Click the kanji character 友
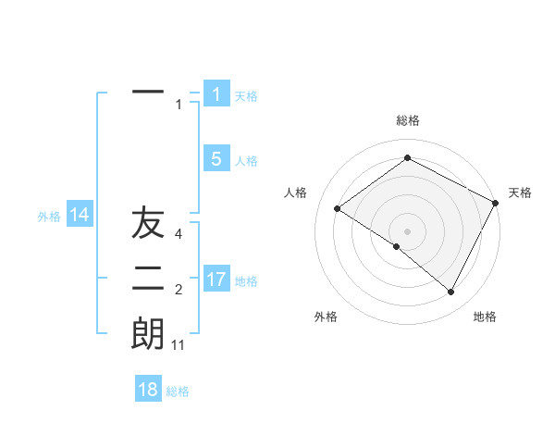(148, 224)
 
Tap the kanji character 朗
(148, 333)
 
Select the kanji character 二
(148, 278)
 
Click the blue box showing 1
(216, 93)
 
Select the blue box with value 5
(216, 159)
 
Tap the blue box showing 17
(216, 279)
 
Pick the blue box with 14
(80, 215)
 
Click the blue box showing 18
(148, 390)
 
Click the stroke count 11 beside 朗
(179, 345)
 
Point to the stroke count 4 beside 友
(179, 234)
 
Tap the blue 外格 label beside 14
(49, 217)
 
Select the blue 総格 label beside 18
(178, 391)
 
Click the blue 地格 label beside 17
(246, 280)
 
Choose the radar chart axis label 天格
(520, 193)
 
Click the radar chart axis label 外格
(326, 317)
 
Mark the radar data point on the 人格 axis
(337, 208)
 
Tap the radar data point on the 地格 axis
(451, 292)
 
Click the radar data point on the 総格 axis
(407, 158)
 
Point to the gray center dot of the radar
(407, 230)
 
